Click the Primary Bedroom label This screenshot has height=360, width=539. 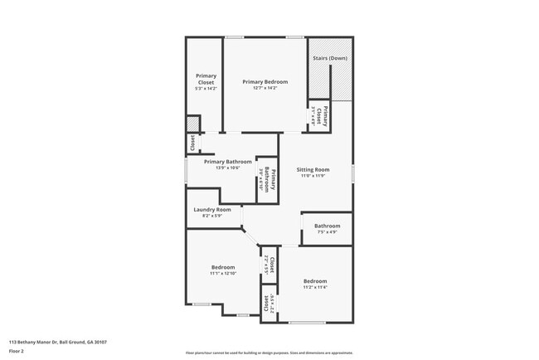265,81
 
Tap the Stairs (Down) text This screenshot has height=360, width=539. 330,59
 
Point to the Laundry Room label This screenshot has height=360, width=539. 211,210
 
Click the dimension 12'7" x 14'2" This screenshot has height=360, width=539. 265,88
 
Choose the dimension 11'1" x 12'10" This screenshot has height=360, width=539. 223,273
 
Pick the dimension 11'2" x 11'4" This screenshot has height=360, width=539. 314,287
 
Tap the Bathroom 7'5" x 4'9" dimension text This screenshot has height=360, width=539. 327,231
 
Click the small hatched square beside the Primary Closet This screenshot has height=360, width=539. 192,124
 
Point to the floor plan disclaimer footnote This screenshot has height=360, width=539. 269,353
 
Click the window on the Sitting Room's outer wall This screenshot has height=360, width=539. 353,172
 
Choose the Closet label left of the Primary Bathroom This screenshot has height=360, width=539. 192,144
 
